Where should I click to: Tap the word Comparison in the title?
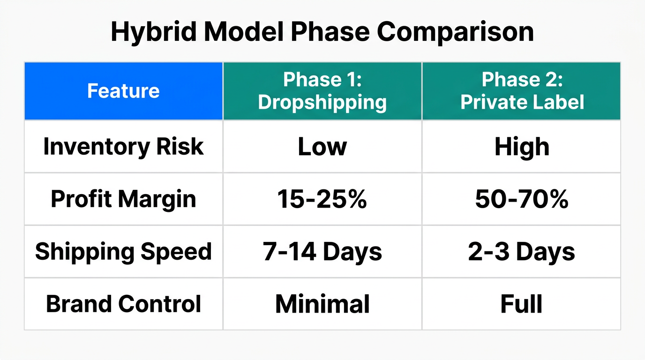[x=455, y=32]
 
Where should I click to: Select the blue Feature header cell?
[x=123, y=91]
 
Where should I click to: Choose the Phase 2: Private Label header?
[x=522, y=91]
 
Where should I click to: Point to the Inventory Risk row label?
[x=123, y=146]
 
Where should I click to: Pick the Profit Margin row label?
[x=123, y=199]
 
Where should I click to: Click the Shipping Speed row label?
[x=123, y=251]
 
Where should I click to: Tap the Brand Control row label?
[x=123, y=304]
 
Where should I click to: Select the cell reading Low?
[x=322, y=147]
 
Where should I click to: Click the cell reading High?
[x=522, y=147]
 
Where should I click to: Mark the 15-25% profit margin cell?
[x=322, y=199]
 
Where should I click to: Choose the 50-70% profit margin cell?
[x=522, y=199]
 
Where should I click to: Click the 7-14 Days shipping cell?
[x=322, y=252]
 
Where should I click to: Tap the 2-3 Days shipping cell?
[x=522, y=252]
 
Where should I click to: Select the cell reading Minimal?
[x=322, y=304]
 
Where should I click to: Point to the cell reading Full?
[x=522, y=304]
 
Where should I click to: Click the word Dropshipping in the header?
[x=322, y=102]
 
